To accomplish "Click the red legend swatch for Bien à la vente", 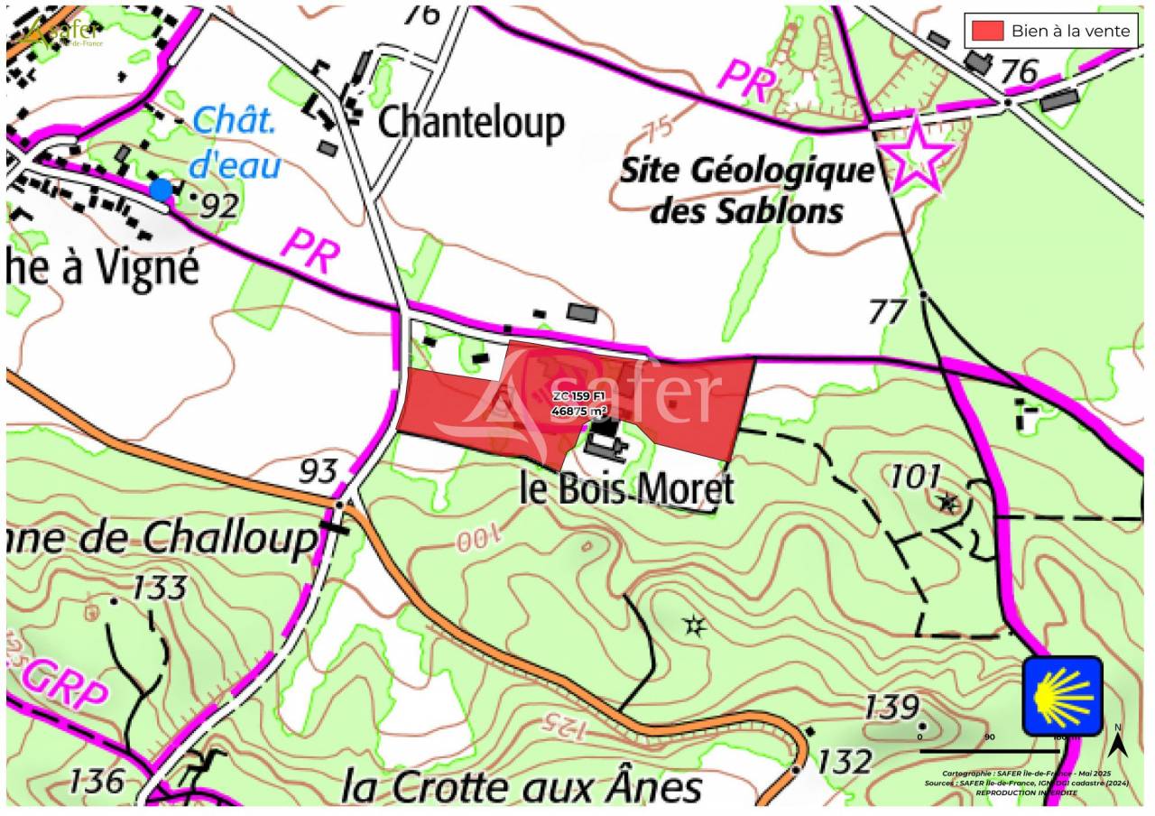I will (x=987, y=31).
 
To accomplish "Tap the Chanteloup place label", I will (x=470, y=122).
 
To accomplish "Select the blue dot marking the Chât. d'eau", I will (x=162, y=190).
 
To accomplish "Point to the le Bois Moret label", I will (x=626, y=489).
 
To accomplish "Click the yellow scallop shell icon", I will (x=1062, y=696).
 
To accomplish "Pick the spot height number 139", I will (x=892, y=707).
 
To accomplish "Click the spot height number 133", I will (x=159, y=588).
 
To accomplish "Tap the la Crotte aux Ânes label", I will (x=521, y=786).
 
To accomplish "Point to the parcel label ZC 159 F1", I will (x=579, y=396).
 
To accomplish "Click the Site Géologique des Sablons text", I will (x=747, y=190).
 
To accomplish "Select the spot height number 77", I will (x=886, y=311).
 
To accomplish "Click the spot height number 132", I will (x=845, y=762).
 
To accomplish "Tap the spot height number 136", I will (x=97, y=780).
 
